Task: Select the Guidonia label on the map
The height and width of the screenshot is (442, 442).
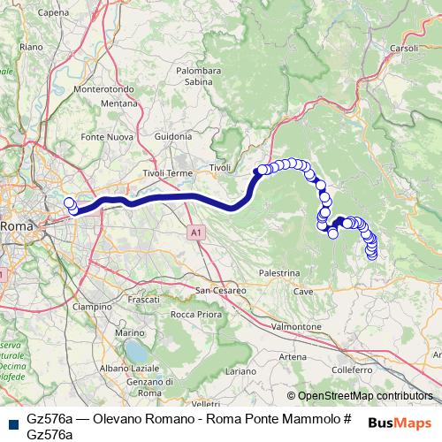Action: [x=171, y=137]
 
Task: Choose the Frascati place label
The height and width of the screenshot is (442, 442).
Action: [x=142, y=301]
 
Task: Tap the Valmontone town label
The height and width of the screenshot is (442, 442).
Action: [x=296, y=326]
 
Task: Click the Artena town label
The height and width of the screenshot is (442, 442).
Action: [x=293, y=356]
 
